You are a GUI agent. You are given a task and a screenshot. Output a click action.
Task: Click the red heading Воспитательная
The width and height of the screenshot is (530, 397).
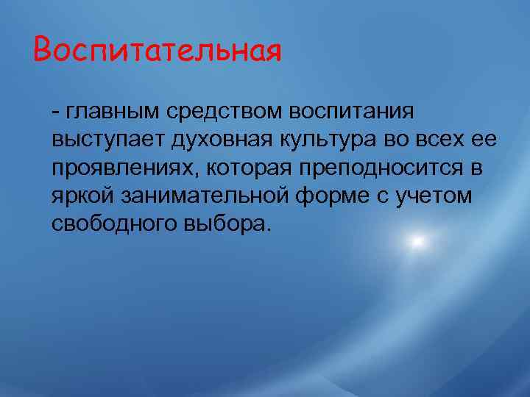click(x=157, y=51)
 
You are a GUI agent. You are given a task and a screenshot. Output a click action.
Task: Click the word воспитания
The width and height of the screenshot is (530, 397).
click(x=353, y=112)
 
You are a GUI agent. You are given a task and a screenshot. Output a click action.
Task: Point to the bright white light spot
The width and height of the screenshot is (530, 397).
click(x=417, y=241)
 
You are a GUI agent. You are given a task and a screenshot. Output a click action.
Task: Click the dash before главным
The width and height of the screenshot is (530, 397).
click(x=57, y=112)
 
